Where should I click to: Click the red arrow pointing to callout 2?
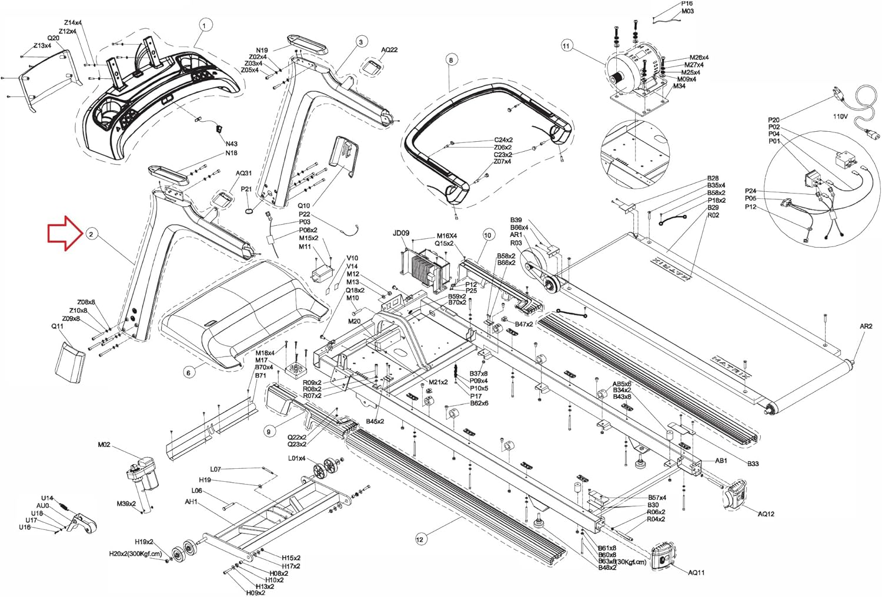(65, 234)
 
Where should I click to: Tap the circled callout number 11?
(566, 46)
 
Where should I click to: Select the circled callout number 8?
(451, 59)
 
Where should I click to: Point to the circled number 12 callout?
(420, 538)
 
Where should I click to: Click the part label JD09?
(400, 233)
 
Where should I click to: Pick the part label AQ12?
(766, 513)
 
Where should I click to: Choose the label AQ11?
(696, 572)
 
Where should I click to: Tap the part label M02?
(104, 445)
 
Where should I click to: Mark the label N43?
(231, 144)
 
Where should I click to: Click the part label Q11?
(57, 326)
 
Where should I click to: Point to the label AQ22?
(389, 50)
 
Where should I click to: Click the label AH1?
(191, 502)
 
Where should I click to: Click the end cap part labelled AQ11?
(664, 556)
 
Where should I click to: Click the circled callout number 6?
(189, 373)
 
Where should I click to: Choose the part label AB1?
(721, 461)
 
